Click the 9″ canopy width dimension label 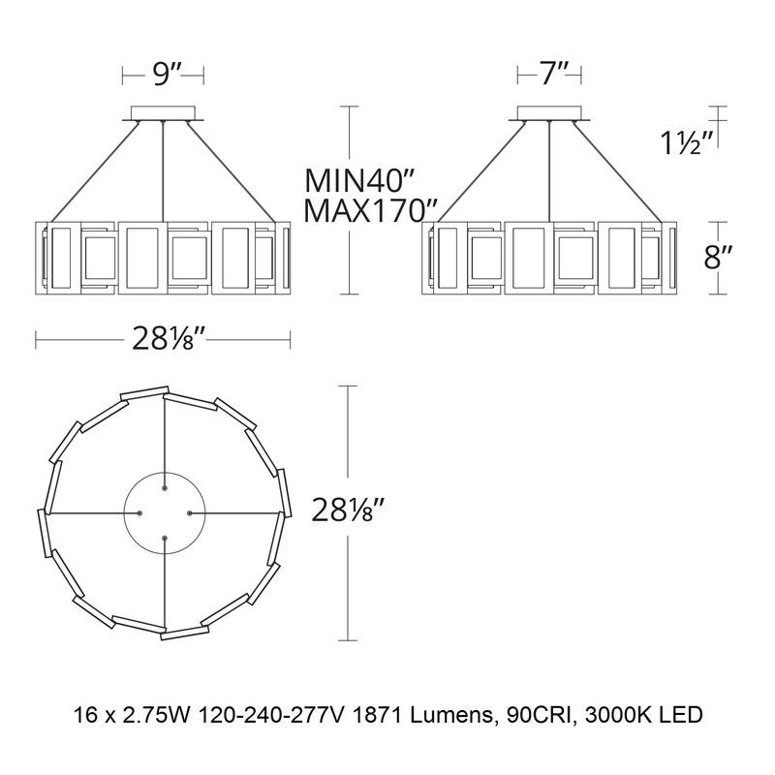click(163, 75)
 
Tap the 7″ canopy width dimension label click(549, 75)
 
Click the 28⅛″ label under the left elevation click(162, 339)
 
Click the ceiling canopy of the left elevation click(163, 111)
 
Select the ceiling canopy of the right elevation click(549, 111)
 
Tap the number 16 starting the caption click(85, 717)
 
